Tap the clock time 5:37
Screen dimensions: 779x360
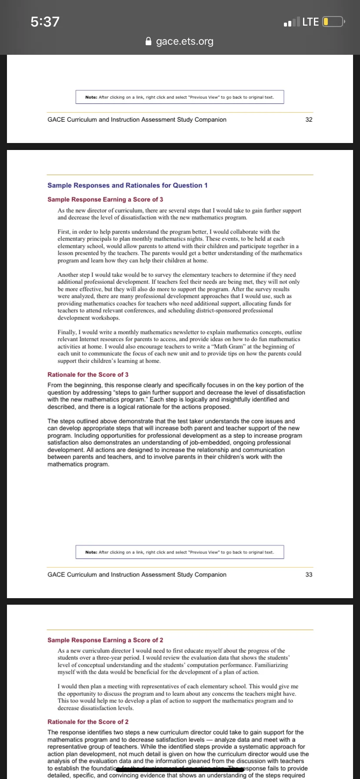tap(45, 21)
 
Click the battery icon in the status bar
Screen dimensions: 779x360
tap(333, 21)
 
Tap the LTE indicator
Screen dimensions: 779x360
tap(310, 21)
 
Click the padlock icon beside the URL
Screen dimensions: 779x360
tap(149, 42)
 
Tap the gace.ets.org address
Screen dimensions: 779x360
tap(185, 41)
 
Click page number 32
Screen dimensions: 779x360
tap(309, 120)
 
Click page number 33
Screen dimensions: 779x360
tap(309, 574)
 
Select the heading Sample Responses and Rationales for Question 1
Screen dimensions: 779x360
tap(127, 185)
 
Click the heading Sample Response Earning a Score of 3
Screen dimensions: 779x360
tap(105, 199)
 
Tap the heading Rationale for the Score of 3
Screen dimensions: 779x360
tap(88, 374)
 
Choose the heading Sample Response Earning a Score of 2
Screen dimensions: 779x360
tap(105, 640)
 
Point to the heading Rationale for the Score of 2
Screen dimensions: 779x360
tap(88, 722)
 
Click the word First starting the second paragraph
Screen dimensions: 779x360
tap(64, 232)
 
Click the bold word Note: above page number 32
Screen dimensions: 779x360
tap(91, 97)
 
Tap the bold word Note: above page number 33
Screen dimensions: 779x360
tap(91, 552)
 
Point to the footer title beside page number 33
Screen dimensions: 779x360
tap(137, 574)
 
